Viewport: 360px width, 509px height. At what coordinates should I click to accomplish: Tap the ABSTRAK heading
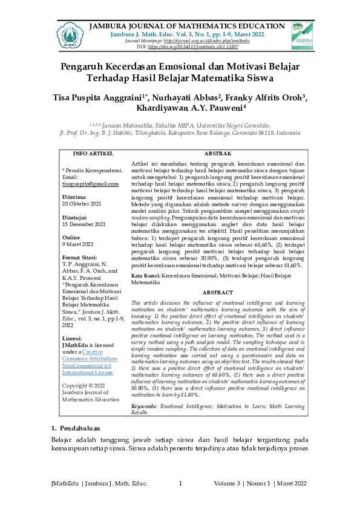click(x=215, y=154)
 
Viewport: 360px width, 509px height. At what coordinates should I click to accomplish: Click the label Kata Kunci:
click(x=145, y=275)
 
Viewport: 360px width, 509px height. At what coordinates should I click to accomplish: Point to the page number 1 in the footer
click(x=180, y=483)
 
